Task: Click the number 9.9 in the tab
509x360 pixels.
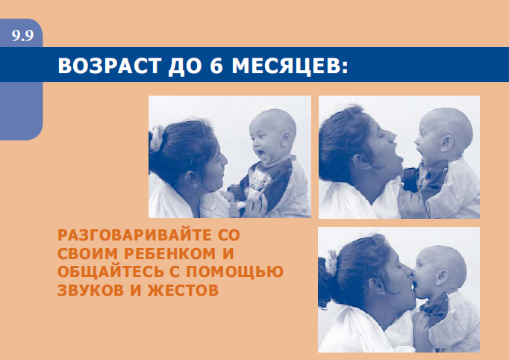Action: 22,35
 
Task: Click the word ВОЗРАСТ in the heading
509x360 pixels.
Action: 110,66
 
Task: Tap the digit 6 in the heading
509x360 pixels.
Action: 217,66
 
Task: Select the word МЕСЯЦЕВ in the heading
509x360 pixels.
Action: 290,66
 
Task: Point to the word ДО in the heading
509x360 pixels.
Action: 186,66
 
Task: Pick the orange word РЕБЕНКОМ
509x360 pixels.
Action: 169,253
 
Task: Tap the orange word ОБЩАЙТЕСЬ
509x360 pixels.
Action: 111,272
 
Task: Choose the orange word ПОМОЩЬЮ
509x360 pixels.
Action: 234,272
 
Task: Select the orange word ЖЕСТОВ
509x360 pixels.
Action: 183,290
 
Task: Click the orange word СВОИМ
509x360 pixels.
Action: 87,253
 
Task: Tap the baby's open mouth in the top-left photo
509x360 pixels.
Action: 260,152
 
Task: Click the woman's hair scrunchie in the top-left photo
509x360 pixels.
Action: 157,137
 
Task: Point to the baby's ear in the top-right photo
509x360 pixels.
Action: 447,143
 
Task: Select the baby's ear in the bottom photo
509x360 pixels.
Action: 442,277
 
